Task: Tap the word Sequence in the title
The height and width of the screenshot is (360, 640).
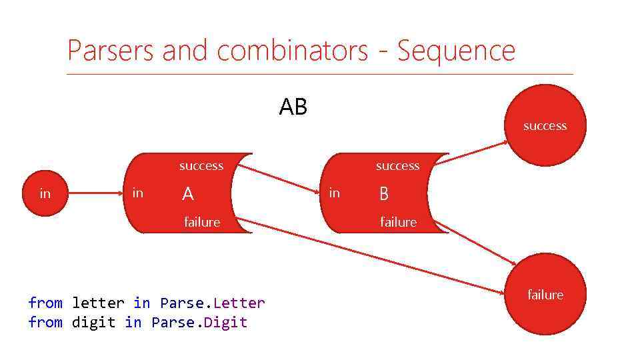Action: [456, 51]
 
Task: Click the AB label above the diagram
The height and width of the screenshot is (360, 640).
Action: [293, 107]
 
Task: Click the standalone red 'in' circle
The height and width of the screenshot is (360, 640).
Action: [45, 193]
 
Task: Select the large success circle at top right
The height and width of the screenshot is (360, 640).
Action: [545, 125]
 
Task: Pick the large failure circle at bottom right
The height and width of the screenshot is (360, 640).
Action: [545, 294]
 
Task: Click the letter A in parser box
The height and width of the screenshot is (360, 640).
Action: [188, 194]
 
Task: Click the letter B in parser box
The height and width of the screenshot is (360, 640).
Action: [383, 194]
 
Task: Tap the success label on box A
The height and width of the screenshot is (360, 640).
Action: [201, 166]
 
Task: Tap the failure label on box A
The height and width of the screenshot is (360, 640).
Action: [202, 222]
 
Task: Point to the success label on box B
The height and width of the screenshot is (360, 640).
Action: [397, 166]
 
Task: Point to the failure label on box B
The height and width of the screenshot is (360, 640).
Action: [398, 222]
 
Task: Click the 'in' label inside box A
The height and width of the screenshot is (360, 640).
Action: [137, 193]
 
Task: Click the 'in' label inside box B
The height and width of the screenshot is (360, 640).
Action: [335, 193]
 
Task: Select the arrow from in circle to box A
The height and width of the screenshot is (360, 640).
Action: [97, 193]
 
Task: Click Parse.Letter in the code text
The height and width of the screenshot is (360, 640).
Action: [213, 303]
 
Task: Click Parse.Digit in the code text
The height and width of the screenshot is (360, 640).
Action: [199, 323]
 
